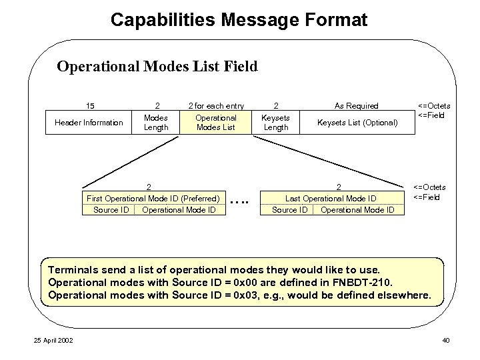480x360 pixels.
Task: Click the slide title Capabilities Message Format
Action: [239, 20]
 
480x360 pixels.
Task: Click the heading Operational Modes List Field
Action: [157, 67]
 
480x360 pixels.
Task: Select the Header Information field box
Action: [89, 123]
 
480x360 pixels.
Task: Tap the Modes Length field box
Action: [156, 123]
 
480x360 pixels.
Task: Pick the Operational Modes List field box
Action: [215, 123]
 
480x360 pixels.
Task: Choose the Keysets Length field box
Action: [276, 123]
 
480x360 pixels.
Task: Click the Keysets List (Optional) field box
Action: [357, 123]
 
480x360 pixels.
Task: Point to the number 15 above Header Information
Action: [90, 105]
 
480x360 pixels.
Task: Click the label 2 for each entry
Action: [215, 105]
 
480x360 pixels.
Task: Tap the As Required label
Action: [357, 105]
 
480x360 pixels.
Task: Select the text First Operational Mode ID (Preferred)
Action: [153, 198]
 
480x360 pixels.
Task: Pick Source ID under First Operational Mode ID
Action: [111, 210]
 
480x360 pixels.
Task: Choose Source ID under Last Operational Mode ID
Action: [289, 210]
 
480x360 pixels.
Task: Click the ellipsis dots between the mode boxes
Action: [239, 199]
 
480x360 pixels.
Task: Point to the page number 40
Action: [446, 341]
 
